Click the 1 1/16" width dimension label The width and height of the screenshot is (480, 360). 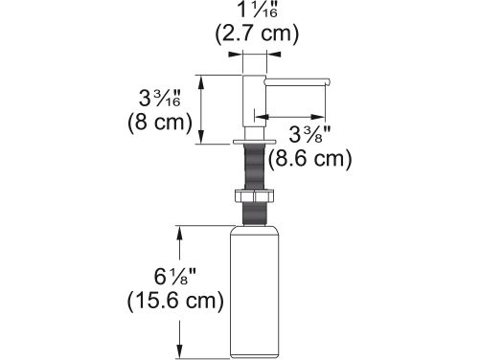point(258,11)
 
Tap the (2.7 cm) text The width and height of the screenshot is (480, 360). point(257,34)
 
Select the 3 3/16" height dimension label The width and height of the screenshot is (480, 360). point(160,98)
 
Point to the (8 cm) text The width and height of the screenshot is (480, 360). point(160,123)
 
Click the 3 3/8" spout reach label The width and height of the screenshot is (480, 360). point(309,134)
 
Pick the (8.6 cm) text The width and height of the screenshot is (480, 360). point(309,159)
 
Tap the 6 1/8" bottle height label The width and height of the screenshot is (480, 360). point(175,277)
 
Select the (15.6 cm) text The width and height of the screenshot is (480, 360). point(175,301)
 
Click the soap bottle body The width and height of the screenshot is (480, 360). point(255,292)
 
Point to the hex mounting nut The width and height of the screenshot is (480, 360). point(255,195)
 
